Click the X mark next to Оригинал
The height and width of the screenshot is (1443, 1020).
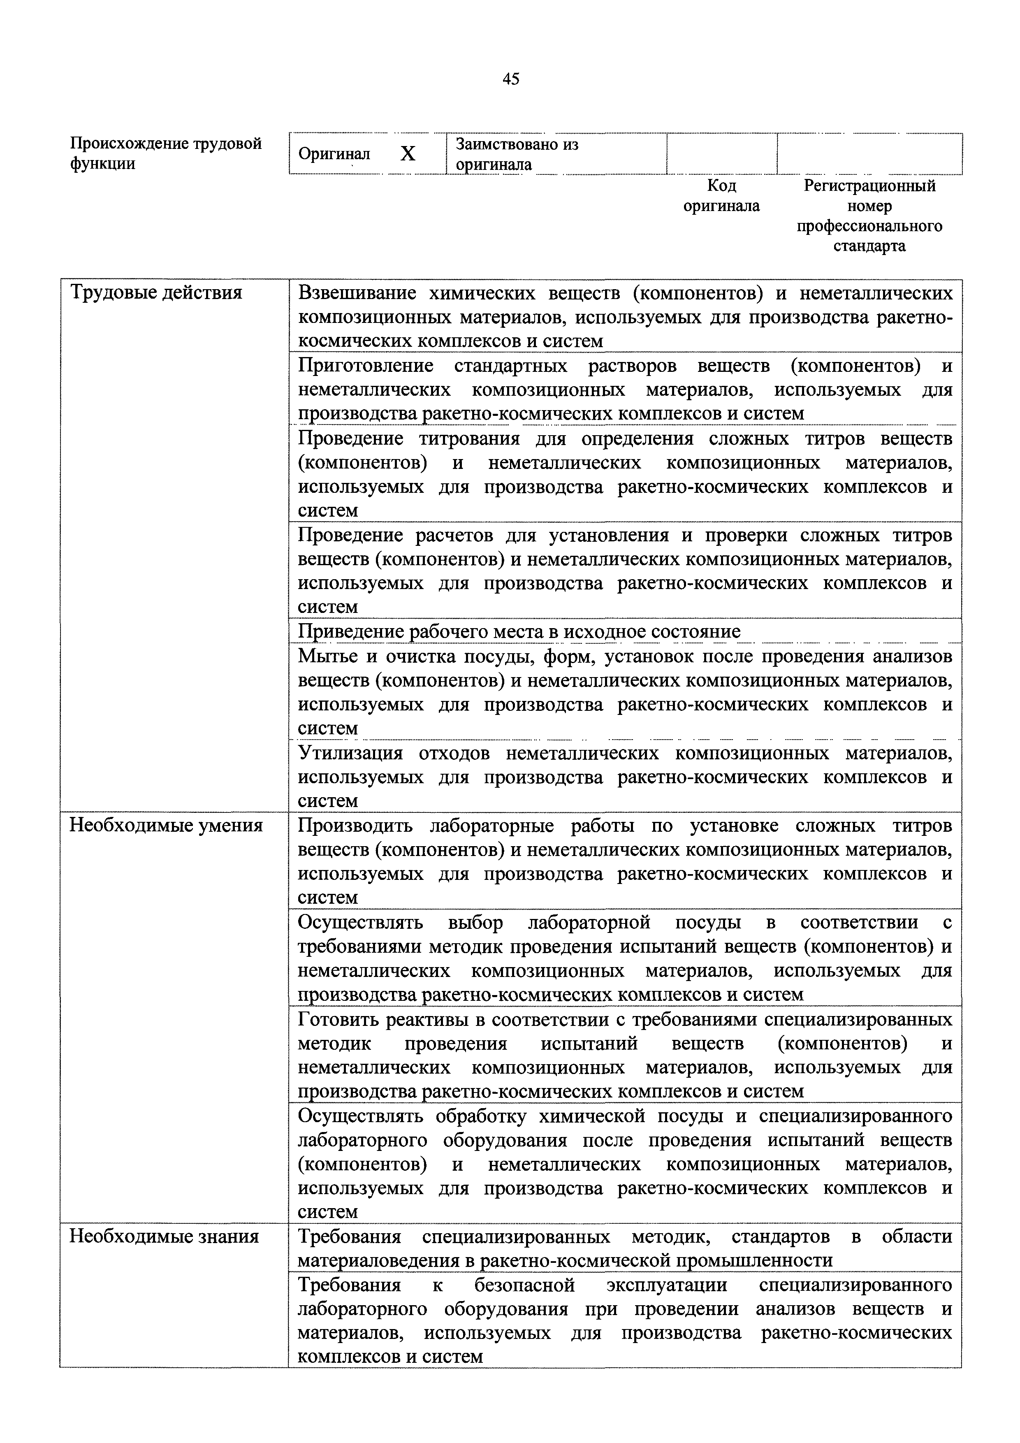pyautogui.click(x=408, y=153)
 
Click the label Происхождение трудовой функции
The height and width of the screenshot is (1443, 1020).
pyautogui.click(x=165, y=153)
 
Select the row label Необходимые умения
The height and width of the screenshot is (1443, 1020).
pyautogui.click(x=165, y=825)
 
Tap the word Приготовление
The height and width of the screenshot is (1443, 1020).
pyautogui.click(x=365, y=366)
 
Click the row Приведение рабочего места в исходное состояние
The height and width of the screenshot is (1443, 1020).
pyautogui.click(x=519, y=631)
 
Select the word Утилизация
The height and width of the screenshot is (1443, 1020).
pyautogui.click(x=350, y=752)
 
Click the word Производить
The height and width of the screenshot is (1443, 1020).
pyautogui.click(x=355, y=825)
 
